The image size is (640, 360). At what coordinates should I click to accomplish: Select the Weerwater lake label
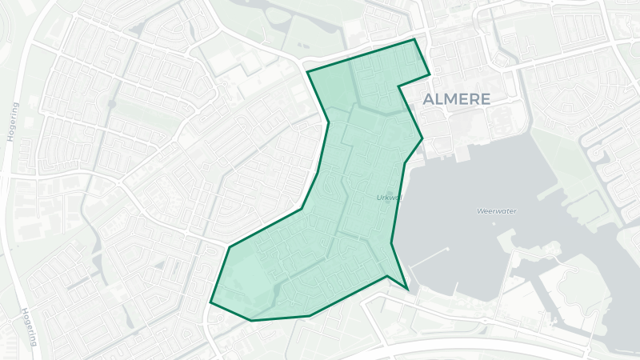[496, 211]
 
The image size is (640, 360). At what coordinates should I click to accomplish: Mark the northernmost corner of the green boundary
[414, 39]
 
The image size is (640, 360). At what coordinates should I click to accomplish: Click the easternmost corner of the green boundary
[430, 74]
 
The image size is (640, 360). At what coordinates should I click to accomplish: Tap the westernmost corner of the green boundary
[210, 303]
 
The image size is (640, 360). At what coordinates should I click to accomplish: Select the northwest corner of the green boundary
[308, 72]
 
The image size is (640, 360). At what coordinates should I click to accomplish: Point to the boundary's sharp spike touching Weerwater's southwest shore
[408, 289]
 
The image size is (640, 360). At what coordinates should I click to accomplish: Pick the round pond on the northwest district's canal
[112, 104]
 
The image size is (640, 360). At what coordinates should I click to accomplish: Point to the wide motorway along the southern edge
[480, 346]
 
